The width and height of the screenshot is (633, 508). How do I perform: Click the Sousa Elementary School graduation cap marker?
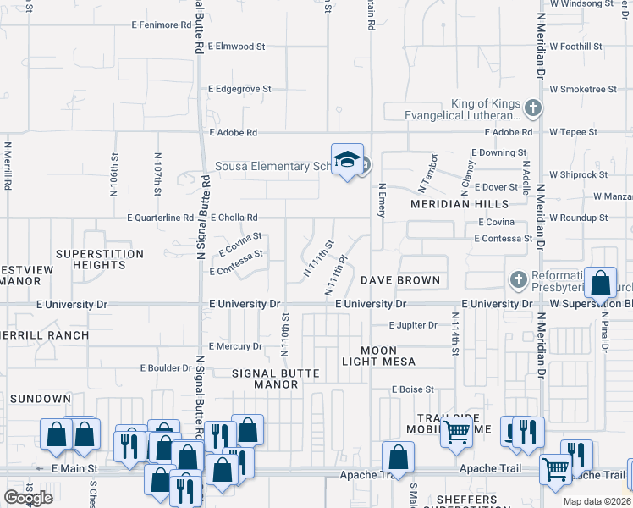(347, 160)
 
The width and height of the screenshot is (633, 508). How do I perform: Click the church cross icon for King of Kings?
(532, 108)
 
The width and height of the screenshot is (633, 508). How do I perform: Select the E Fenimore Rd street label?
(161, 25)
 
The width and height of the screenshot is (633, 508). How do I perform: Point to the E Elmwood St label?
(242, 46)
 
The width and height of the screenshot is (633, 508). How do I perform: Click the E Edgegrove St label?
(240, 88)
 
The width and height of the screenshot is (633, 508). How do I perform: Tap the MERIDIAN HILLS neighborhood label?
(460, 204)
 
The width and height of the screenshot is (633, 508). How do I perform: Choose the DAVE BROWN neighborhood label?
(400, 280)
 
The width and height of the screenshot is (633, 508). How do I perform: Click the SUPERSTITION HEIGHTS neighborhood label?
(91, 259)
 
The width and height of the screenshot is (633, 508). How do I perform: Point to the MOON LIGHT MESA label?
(377, 356)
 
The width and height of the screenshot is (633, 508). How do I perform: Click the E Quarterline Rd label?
(161, 218)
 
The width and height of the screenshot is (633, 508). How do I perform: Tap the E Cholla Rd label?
(234, 218)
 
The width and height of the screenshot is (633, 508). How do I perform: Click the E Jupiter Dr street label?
(413, 324)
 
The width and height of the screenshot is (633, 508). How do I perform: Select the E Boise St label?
(412, 389)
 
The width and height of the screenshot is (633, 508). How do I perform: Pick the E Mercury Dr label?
(236, 346)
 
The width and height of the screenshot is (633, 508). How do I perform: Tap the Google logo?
(28, 497)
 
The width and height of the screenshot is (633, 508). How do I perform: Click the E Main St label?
(74, 467)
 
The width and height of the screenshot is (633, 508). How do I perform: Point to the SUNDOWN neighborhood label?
(41, 399)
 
